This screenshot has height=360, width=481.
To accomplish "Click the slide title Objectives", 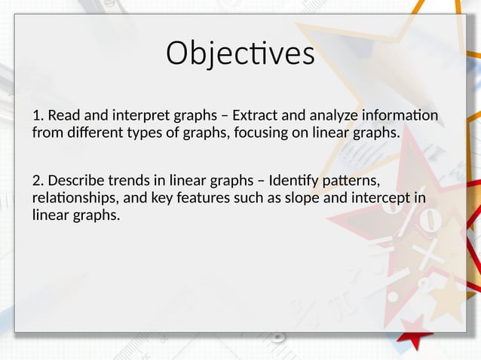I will pos(240,54).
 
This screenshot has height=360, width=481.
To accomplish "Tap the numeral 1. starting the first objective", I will pos(38,116).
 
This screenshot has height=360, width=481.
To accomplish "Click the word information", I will pos(403,116).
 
